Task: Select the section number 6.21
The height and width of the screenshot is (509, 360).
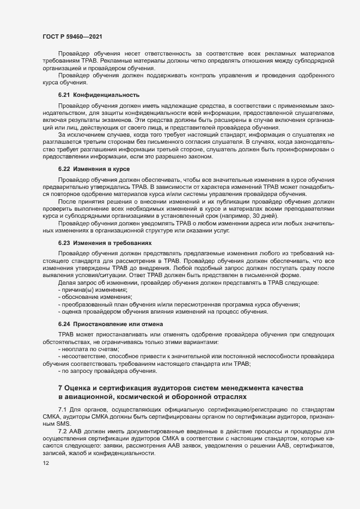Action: (64, 95)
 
